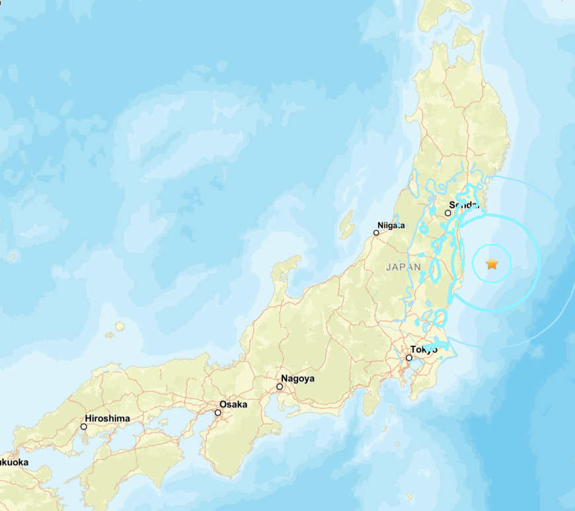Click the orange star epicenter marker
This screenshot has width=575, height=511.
(x=492, y=264)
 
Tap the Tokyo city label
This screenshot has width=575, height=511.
(x=424, y=349)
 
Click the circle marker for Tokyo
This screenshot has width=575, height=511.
(x=409, y=358)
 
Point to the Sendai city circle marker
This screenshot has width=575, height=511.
(x=448, y=213)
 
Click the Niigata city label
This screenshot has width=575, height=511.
(x=391, y=225)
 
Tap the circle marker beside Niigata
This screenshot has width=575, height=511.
(x=376, y=233)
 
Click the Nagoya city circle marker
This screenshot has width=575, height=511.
(x=280, y=387)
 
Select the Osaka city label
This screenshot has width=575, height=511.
(x=233, y=404)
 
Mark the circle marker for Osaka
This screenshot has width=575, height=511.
(x=218, y=413)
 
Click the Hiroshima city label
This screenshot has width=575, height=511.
(x=107, y=418)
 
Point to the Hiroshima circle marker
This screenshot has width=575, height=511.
(x=84, y=426)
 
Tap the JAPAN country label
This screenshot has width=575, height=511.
(x=403, y=267)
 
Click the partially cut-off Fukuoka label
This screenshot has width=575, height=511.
(x=13, y=462)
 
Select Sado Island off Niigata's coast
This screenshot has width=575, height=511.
(x=346, y=225)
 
